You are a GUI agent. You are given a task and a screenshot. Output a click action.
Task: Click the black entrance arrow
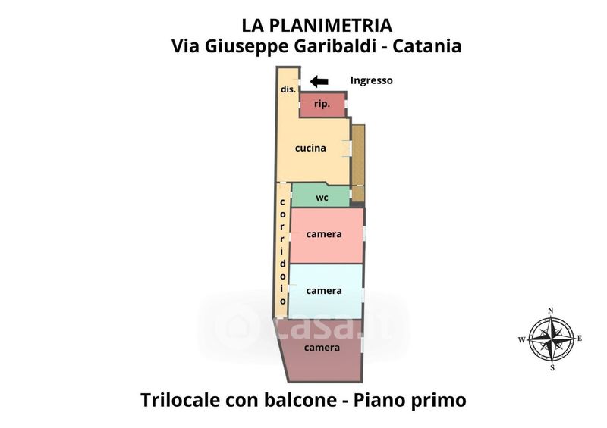coord(319,81)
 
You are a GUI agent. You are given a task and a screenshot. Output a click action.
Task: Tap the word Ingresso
coord(372,80)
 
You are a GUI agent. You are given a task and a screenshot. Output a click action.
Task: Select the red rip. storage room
coord(322,105)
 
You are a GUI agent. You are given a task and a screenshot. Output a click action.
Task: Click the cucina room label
coord(310,148)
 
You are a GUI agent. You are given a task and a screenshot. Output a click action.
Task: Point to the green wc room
coord(321,197)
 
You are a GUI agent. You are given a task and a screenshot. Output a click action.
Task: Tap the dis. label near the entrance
coord(288,89)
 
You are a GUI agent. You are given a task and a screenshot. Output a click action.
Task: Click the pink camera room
coord(325,234)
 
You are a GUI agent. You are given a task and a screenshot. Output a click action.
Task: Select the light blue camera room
coord(324,290)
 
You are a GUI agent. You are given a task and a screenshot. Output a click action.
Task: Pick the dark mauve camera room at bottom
coord(322,348)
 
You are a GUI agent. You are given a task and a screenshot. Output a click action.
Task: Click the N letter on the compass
coord(552,310)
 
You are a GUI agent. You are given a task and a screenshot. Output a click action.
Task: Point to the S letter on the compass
coord(552,368)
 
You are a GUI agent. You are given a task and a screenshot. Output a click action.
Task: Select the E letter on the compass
coord(580,339)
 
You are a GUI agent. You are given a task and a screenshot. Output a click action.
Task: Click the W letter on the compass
coord(523,339)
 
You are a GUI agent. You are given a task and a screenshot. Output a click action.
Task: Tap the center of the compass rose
coord(552,339)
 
